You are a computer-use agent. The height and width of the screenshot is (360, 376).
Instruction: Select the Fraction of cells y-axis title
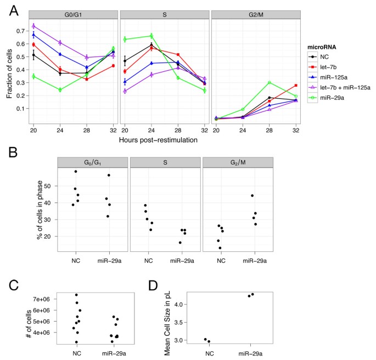pos(9,71)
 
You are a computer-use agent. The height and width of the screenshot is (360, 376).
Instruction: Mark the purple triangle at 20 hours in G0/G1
pos(34,26)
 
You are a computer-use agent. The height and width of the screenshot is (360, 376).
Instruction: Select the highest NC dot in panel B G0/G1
pos(76,171)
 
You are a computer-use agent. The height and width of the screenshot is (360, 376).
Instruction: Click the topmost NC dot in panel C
pos(76,295)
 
